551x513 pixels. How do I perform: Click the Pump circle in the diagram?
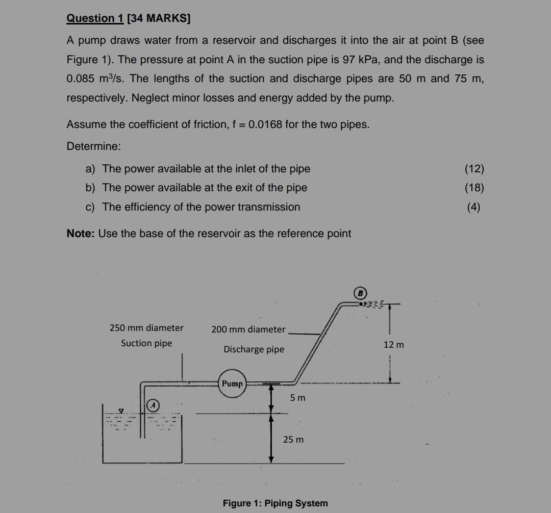[232, 384]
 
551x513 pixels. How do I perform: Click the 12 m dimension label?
[393, 345]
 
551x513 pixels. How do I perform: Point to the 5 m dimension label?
[297, 397]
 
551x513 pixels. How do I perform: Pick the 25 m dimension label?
[293, 439]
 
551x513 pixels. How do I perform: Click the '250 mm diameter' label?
[146, 328]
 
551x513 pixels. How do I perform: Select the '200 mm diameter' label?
[248, 329]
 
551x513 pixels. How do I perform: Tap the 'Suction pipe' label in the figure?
[146, 343]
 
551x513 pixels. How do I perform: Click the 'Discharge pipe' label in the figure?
[254, 349]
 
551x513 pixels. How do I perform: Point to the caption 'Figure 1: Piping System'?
[275, 503]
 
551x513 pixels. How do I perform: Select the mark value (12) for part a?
[474, 169]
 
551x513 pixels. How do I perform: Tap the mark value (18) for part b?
[474, 188]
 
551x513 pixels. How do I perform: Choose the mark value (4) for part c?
[474, 207]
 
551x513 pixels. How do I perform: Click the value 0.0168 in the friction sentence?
[265, 125]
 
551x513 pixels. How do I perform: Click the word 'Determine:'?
[94, 146]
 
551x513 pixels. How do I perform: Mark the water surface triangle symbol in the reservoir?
[121, 409]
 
